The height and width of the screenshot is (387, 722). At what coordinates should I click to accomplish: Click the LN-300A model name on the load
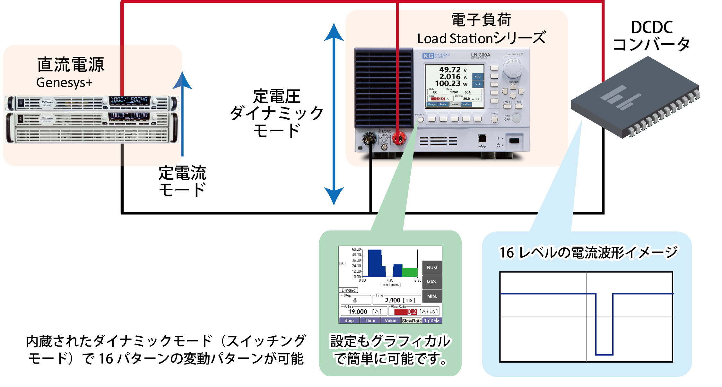[480, 55]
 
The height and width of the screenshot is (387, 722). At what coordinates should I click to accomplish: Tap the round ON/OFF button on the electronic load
[516, 118]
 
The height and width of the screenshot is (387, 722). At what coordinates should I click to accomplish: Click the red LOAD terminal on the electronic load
[399, 139]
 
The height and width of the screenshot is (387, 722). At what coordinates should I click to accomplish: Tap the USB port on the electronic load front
[482, 139]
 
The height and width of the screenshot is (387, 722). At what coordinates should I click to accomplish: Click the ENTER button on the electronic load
[519, 106]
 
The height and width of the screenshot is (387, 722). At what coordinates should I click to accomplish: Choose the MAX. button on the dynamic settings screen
[432, 282]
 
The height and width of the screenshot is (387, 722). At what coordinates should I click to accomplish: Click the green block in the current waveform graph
[410, 272]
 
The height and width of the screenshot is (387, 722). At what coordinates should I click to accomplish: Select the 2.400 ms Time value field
[397, 300]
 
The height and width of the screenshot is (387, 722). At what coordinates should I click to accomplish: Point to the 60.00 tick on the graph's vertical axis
[356, 249]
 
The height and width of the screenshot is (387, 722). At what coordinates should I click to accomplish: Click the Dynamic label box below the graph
[348, 290]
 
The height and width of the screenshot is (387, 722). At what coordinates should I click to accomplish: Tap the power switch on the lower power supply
[20, 119]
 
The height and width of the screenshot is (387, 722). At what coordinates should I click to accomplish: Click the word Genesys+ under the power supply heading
[65, 83]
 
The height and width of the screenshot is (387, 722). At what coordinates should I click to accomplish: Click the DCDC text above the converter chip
[652, 28]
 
